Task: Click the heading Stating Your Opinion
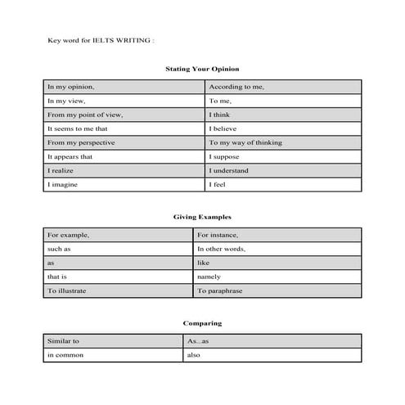(x=202, y=69)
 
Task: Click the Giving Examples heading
(x=202, y=218)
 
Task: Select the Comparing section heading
(x=202, y=323)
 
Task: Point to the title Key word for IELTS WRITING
(x=101, y=39)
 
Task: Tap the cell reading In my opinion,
(x=71, y=87)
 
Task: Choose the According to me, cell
(x=237, y=87)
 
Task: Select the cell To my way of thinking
(x=245, y=142)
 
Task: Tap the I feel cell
(x=218, y=185)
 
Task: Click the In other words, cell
(x=222, y=249)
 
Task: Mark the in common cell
(x=65, y=355)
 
